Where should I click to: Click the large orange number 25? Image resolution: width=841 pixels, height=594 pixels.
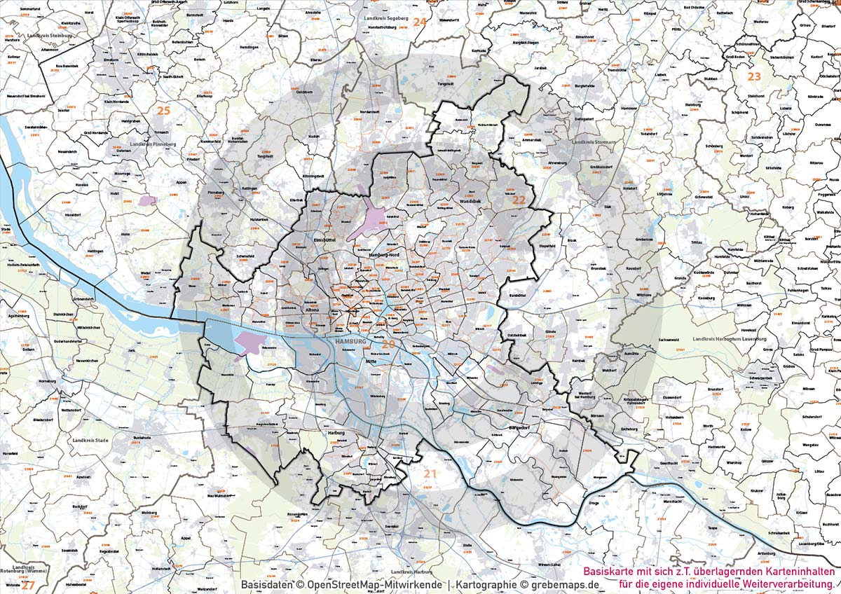click(163, 111)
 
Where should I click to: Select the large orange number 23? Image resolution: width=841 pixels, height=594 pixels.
click(754, 76)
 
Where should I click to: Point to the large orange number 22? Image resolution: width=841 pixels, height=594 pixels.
click(519, 200)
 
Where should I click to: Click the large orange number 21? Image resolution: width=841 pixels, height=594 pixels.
click(430, 475)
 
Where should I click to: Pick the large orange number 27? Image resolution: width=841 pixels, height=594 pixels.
click(27, 584)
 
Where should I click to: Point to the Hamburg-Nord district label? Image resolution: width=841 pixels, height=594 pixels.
click(383, 256)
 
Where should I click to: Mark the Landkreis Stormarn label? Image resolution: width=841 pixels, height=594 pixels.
click(593, 142)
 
